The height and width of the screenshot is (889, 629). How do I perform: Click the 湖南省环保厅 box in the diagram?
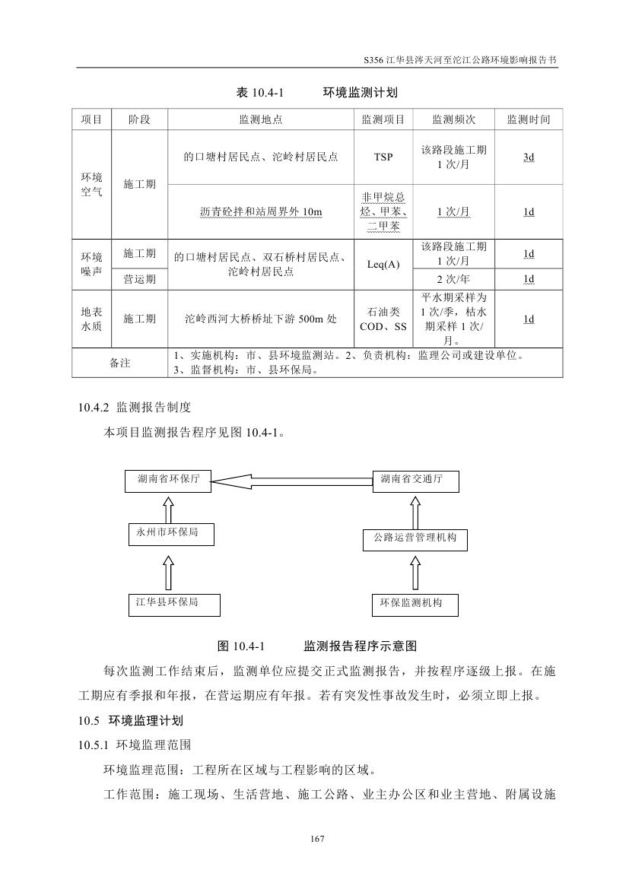click(168, 481)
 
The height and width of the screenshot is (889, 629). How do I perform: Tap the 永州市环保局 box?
click(170, 534)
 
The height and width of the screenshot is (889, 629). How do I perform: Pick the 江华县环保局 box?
click(173, 604)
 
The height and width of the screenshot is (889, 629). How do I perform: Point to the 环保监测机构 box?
click(417, 604)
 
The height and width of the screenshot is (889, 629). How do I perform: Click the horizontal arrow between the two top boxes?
click(292, 480)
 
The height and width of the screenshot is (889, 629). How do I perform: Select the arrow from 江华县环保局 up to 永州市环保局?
click(168, 570)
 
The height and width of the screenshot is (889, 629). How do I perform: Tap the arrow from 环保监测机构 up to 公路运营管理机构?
click(415, 571)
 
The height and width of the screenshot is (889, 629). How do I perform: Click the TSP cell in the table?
click(383, 157)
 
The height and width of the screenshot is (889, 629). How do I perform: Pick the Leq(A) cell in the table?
click(383, 265)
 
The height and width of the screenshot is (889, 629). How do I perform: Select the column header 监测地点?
click(261, 120)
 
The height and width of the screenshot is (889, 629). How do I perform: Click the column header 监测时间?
click(528, 120)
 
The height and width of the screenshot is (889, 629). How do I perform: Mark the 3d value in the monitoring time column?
click(528, 157)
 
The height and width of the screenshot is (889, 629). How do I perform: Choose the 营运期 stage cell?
click(140, 279)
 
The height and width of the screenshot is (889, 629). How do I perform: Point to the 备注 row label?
click(119, 364)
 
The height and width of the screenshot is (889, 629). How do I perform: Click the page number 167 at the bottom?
click(318, 839)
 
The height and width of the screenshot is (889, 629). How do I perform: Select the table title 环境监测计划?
click(360, 93)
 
